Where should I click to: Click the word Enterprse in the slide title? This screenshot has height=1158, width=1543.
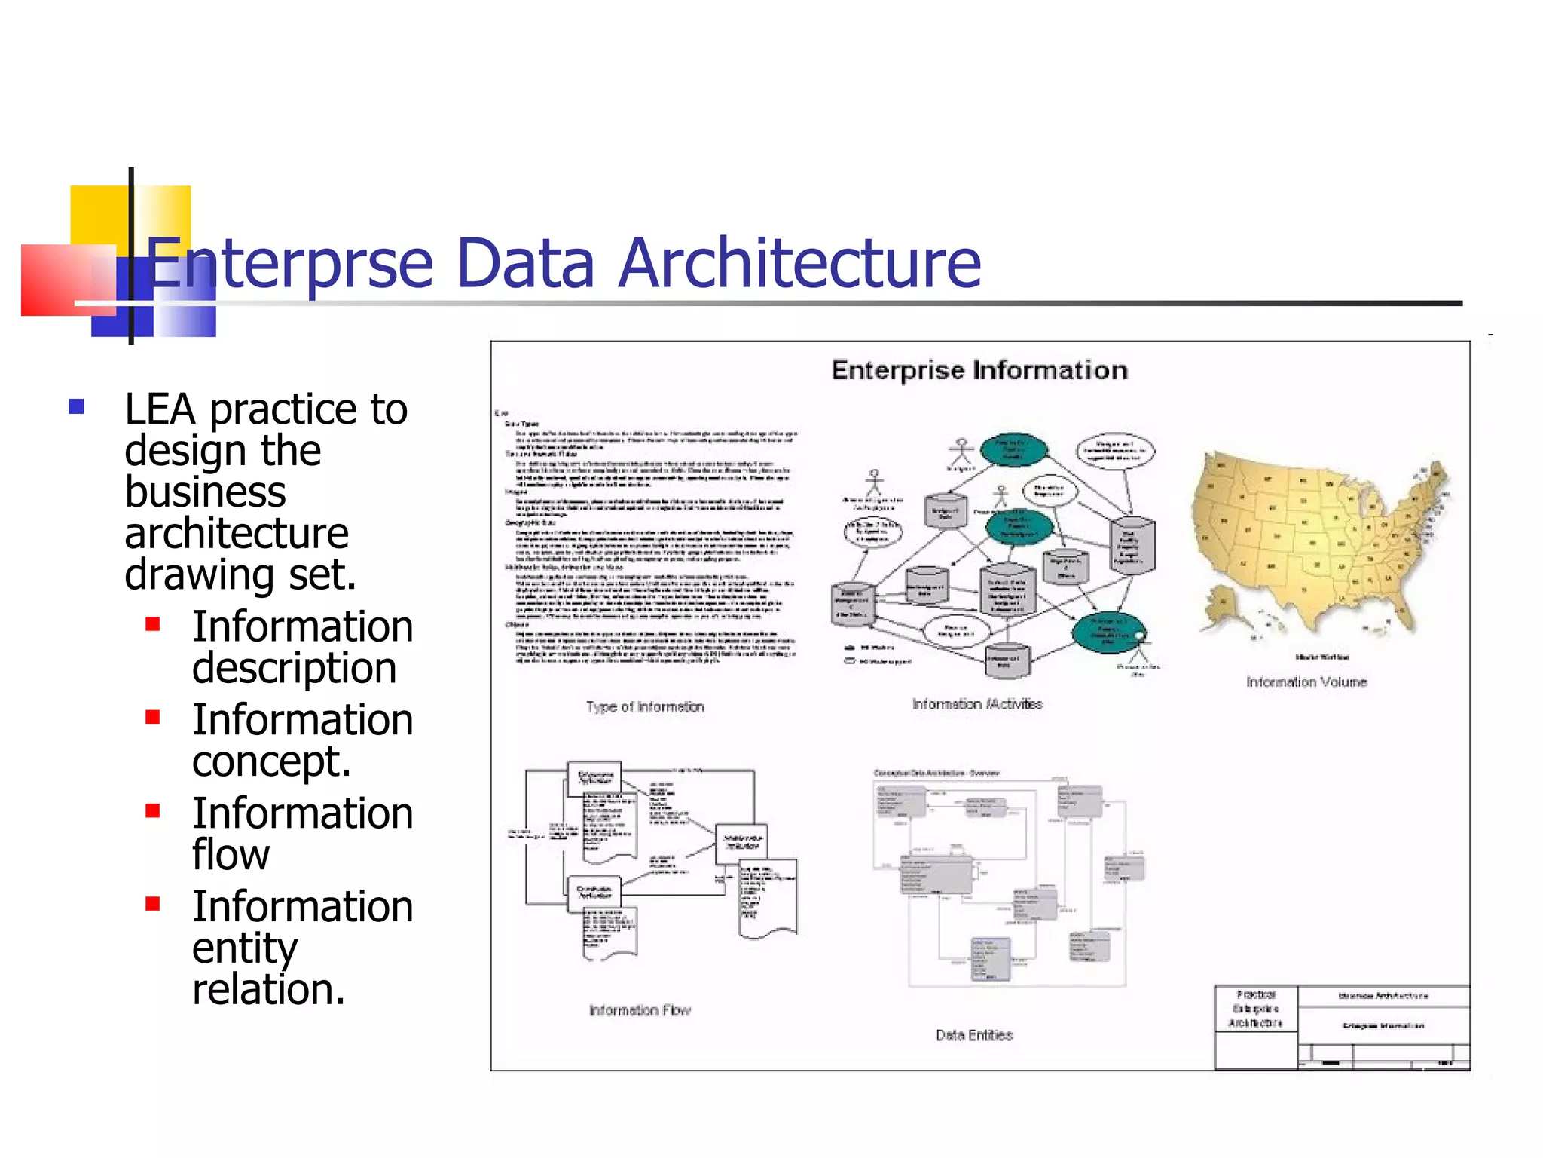point(290,264)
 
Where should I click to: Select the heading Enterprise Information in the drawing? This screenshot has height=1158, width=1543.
point(979,370)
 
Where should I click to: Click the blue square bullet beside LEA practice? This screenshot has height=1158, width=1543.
point(76,407)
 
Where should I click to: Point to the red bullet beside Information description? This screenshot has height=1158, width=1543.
point(153,624)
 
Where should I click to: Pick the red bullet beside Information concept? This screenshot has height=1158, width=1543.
point(153,717)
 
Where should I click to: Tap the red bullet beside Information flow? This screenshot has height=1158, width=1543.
point(153,810)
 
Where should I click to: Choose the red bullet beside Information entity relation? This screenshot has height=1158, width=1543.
point(153,903)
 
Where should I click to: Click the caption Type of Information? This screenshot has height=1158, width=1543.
point(645,707)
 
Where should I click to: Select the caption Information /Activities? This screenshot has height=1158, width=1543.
point(977,704)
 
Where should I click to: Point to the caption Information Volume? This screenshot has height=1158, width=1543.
point(1306,682)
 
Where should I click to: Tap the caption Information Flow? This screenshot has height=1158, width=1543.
point(640,1010)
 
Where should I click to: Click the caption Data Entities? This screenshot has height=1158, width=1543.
point(973,1036)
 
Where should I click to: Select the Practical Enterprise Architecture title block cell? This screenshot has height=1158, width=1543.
point(1255,1009)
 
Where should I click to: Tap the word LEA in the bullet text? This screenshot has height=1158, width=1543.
point(160,410)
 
